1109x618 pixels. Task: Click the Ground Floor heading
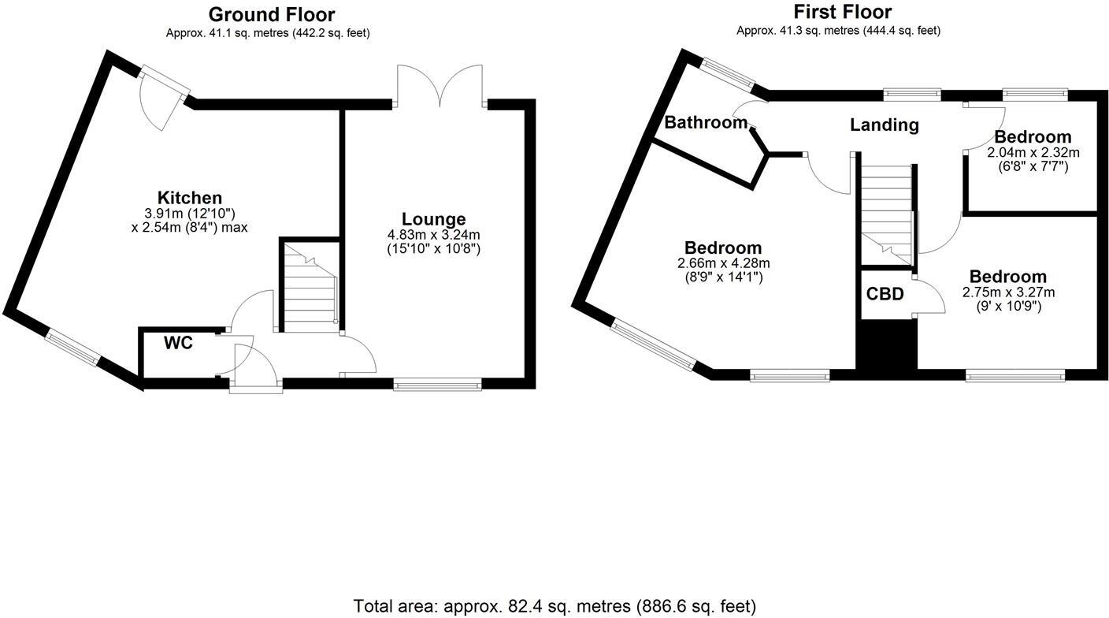pos(271,14)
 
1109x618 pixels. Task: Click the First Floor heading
pos(842,12)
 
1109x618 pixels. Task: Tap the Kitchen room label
pos(190,198)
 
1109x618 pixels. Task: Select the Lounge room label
pos(433,219)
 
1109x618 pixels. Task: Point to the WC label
pos(178,343)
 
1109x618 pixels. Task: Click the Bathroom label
pos(705,122)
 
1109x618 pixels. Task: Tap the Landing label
pos(884,125)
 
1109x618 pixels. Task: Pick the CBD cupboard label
pos(885,295)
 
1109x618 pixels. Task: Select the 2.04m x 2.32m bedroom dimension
pos(1033,152)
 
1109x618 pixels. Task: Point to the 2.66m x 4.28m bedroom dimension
pos(722,263)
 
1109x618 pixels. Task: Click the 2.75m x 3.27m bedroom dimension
pos(1007,292)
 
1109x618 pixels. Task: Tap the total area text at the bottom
pos(554,605)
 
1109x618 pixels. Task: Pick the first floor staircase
pos(885,213)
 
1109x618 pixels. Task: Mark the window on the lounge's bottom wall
pos(437,385)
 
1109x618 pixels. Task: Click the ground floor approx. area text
pos(268,33)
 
